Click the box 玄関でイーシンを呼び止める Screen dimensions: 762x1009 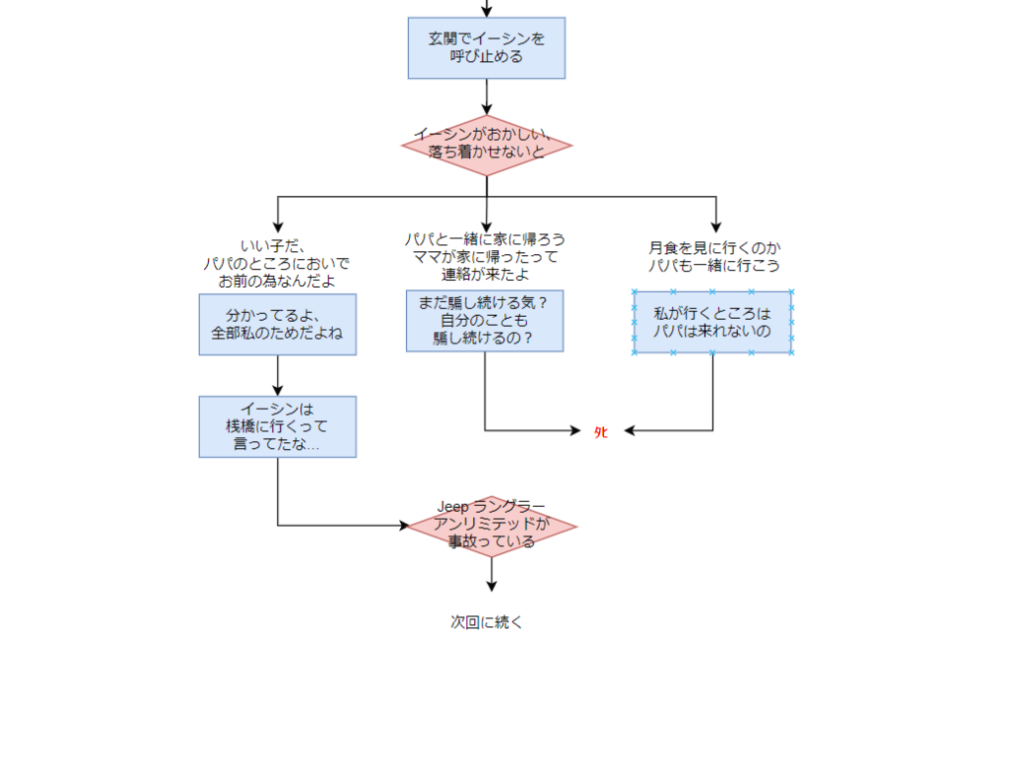487,48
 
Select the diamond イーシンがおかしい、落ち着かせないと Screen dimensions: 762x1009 487,145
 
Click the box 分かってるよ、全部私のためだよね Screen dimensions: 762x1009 277,325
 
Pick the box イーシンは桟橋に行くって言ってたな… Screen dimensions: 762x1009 277,426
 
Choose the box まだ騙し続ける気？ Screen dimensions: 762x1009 485,321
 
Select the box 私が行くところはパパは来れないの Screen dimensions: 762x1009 712,322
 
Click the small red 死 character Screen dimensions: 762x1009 600,431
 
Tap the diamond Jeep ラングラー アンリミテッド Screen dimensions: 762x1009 492,526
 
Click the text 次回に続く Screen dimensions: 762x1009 487,622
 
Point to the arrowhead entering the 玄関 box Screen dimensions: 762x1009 487,12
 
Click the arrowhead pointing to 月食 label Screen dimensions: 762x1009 715,227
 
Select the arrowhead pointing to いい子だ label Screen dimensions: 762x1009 278,227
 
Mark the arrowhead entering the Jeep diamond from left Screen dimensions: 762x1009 403,526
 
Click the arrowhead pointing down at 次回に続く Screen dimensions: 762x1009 492,586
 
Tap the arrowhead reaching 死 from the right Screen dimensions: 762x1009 630,430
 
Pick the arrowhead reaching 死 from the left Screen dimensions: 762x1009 576,430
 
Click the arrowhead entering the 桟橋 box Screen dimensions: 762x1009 278,391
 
